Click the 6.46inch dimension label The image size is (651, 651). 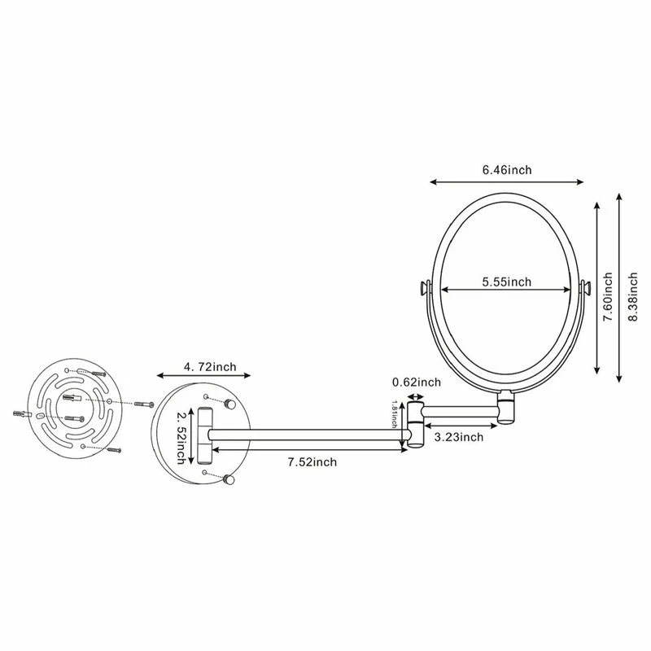(x=506, y=169)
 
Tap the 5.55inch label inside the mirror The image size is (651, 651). (x=506, y=282)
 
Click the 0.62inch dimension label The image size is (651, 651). (x=416, y=381)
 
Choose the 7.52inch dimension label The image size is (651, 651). (x=312, y=462)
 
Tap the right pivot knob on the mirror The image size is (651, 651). (x=584, y=288)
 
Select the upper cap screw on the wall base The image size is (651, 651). (x=231, y=404)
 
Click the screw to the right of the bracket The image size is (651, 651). (x=143, y=405)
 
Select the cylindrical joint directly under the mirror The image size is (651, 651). (x=507, y=406)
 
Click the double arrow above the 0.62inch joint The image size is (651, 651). (x=416, y=399)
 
